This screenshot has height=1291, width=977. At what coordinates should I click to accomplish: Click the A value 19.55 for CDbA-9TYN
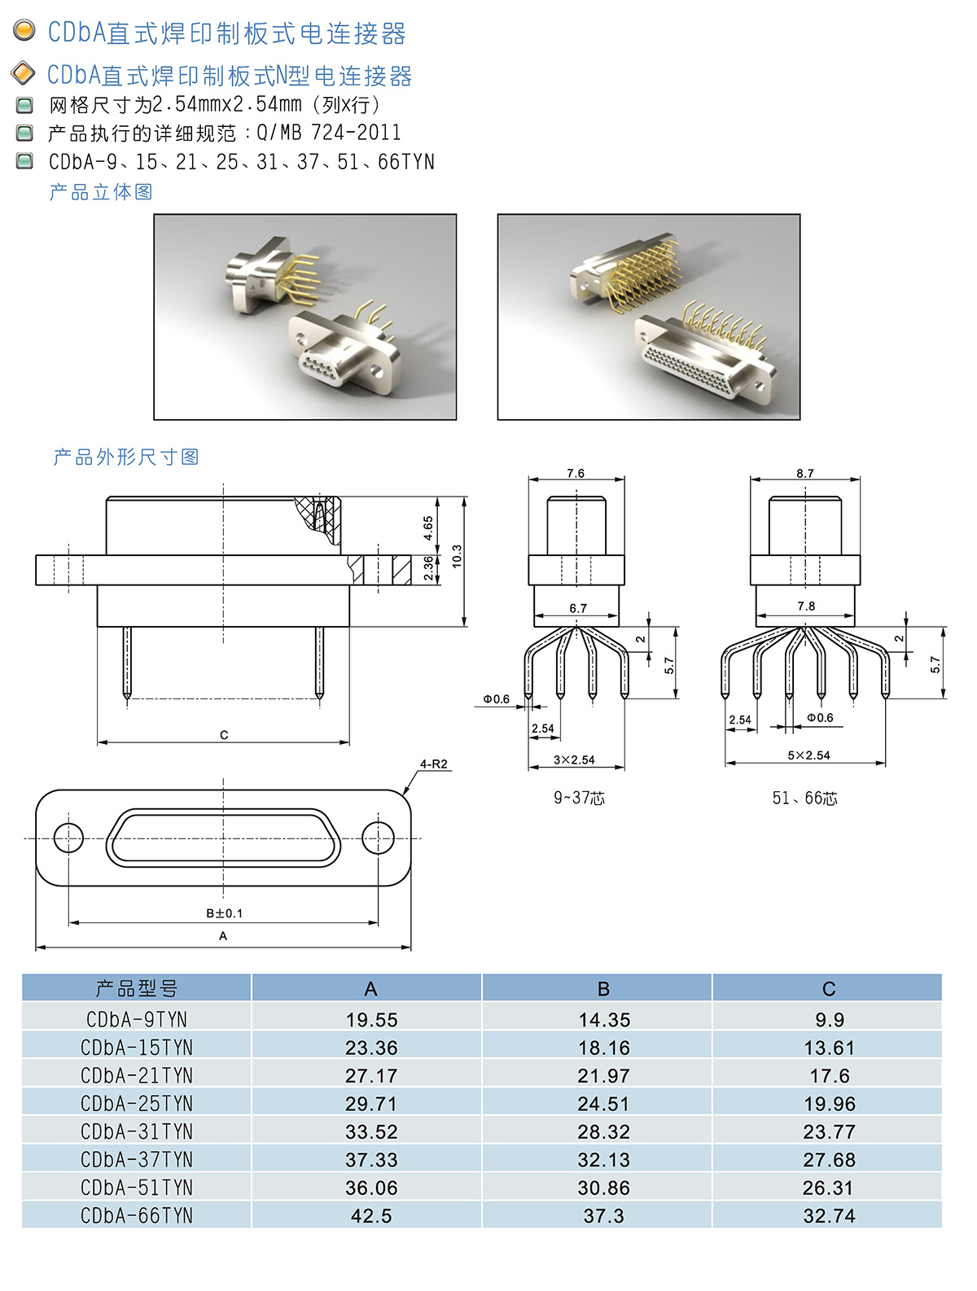tap(371, 1019)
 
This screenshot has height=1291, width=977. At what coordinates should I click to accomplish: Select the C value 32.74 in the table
tap(829, 1215)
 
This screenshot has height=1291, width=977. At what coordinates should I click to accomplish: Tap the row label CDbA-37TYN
tap(137, 1159)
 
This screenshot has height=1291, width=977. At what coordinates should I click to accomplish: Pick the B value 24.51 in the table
tap(603, 1104)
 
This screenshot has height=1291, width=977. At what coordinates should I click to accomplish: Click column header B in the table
tap(603, 989)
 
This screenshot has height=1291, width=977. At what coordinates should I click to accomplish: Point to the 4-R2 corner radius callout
tap(433, 764)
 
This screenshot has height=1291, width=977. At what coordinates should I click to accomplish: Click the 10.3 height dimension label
tap(457, 556)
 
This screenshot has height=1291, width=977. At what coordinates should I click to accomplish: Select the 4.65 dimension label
tap(428, 527)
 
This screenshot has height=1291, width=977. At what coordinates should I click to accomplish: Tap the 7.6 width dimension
tap(576, 473)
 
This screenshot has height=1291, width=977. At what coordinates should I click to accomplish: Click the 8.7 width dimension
tap(804, 473)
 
